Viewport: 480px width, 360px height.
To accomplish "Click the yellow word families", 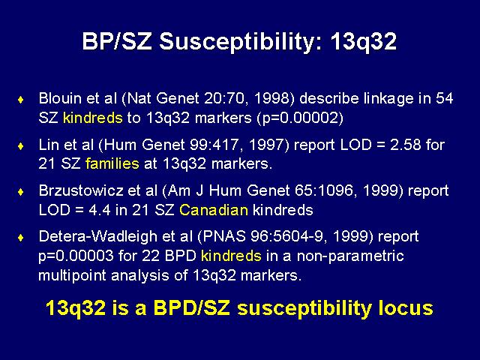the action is [112, 163].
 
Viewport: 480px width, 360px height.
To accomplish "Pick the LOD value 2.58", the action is [405, 145].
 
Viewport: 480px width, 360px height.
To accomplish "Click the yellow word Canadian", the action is [214, 210].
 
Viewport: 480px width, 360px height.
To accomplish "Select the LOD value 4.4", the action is [100, 210].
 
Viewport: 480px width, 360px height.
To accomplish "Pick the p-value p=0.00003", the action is [76, 256].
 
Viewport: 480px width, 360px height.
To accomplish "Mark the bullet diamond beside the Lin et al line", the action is [21, 145].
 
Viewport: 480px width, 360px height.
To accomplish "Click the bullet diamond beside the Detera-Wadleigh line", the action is [21, 238].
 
